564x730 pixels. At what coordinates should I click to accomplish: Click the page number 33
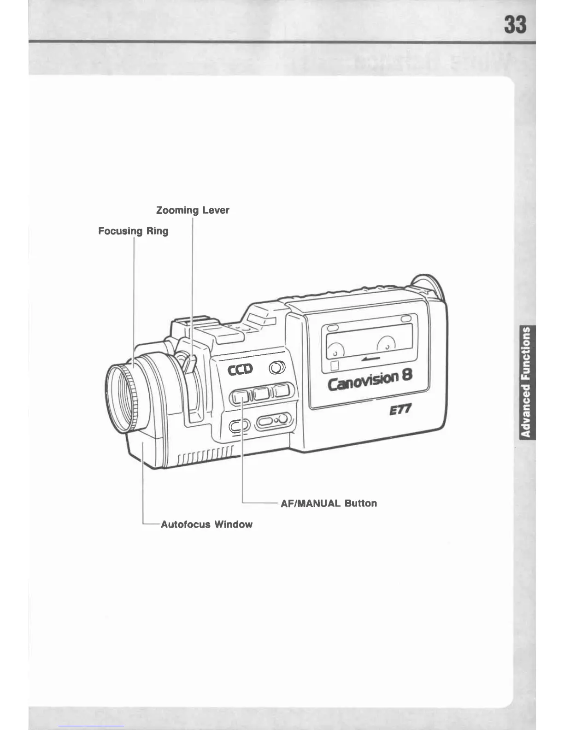pos(515,24)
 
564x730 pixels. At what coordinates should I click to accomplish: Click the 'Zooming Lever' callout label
pos(193,210)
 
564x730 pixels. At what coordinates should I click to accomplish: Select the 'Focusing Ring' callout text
pos(133,231)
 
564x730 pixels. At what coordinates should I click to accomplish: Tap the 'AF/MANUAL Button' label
pos(329,503)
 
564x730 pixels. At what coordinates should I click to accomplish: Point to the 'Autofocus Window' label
pos(206,524)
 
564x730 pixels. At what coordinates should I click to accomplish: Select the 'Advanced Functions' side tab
pos(525,382)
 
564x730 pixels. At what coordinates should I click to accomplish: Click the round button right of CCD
pos(276,368)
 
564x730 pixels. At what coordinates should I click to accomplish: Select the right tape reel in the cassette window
pos(386,343)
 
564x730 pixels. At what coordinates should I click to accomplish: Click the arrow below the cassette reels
pos(370,358)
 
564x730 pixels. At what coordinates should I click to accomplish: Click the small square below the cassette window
pos(335,366)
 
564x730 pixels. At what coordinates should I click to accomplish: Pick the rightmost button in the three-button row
pos(281,391)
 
